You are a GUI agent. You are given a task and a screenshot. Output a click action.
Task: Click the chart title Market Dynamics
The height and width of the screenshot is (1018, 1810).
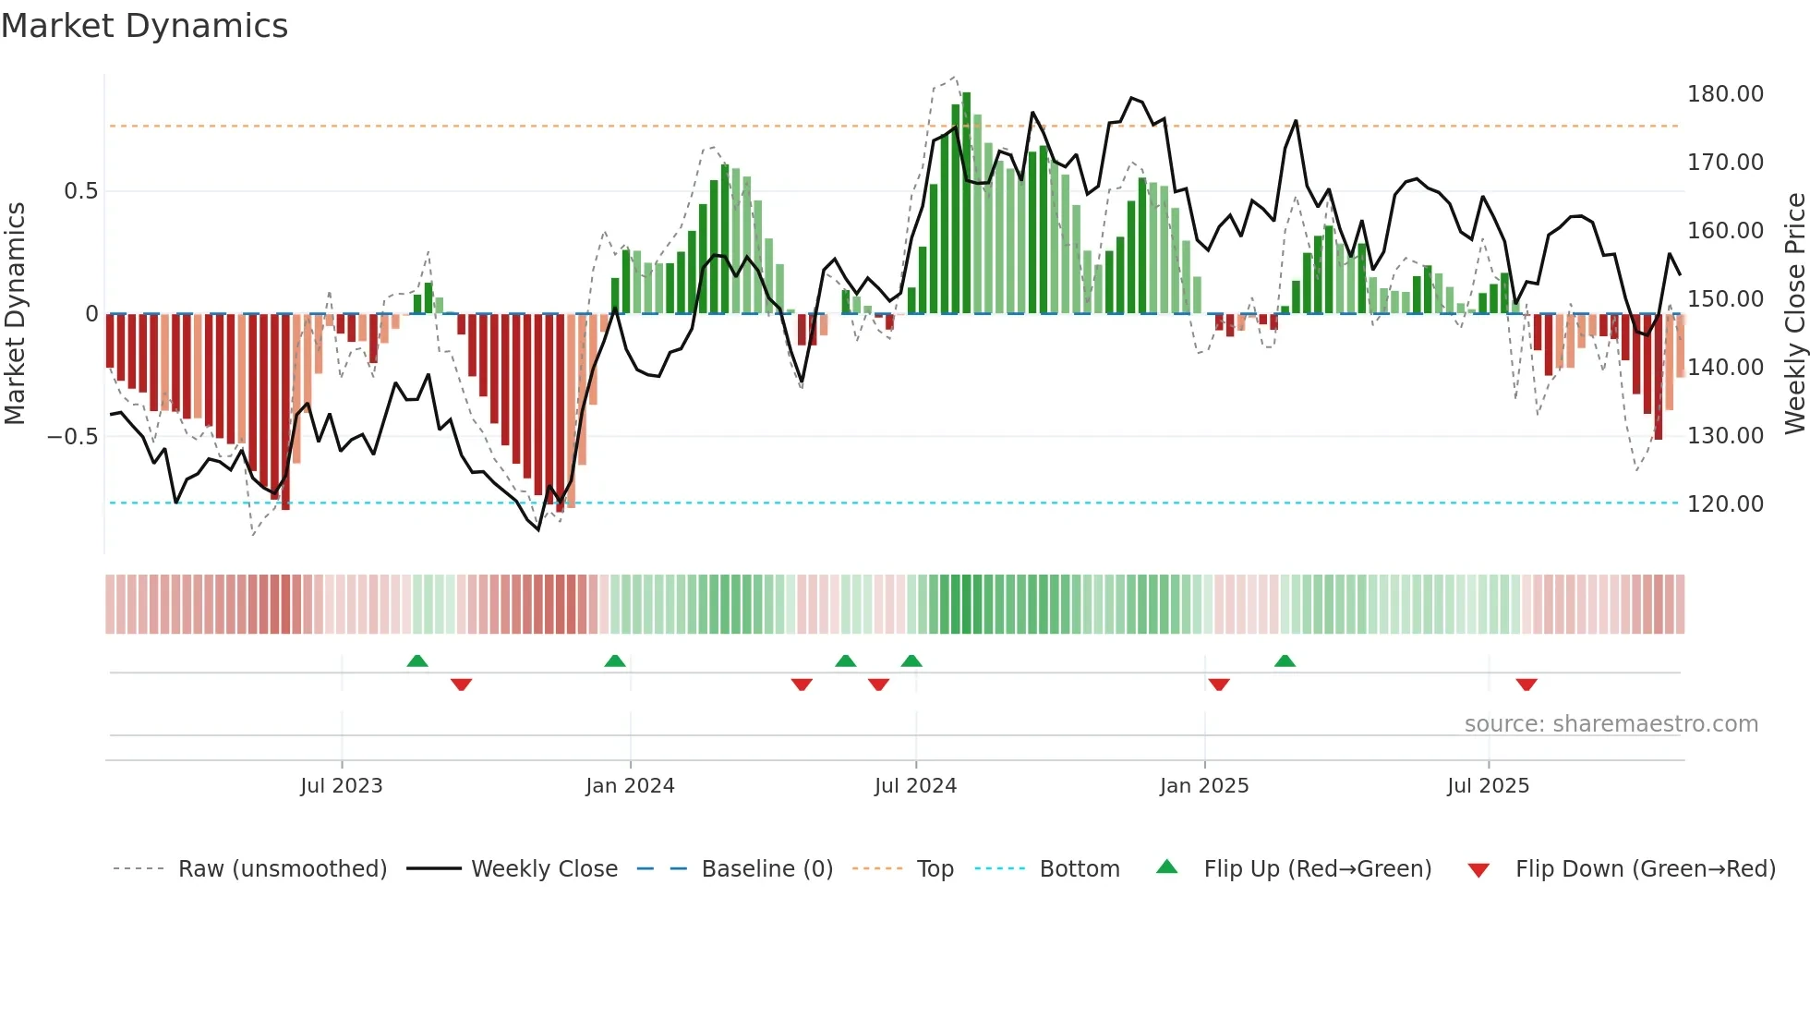(x=145, y=26)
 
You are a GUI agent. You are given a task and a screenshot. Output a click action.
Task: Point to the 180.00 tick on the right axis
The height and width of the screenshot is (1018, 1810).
(x=1724, y=94)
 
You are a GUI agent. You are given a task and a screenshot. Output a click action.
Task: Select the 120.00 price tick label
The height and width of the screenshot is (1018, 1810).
(x=1724, y=504)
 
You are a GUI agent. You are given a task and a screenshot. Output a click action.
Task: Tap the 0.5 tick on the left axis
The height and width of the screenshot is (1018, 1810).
(x=80, y=191)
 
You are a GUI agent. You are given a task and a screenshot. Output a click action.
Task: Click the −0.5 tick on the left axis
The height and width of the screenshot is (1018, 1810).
(x=73, y=436)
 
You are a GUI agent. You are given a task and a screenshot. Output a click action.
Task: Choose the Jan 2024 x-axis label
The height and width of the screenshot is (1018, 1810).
(x=630, y=786)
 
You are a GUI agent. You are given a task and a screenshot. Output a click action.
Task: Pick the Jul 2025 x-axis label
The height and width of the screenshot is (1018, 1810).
(x=1488, y=786)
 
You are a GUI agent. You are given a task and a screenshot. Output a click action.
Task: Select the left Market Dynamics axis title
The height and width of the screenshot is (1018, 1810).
(x=15, y=314)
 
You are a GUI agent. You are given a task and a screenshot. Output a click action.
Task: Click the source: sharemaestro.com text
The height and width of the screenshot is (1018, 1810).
(x=1611, y=724)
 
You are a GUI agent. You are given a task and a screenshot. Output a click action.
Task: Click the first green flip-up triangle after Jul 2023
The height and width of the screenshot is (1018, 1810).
(x=417, y=660)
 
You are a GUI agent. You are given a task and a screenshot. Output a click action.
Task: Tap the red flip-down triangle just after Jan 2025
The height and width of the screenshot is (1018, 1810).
(x=1219, y=685)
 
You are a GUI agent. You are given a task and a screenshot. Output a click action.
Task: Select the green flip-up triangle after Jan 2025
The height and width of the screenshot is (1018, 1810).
(x=1285, y=660)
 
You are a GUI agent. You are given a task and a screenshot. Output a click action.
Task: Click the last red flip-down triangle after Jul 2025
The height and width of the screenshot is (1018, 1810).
(x=1526, y=685)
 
